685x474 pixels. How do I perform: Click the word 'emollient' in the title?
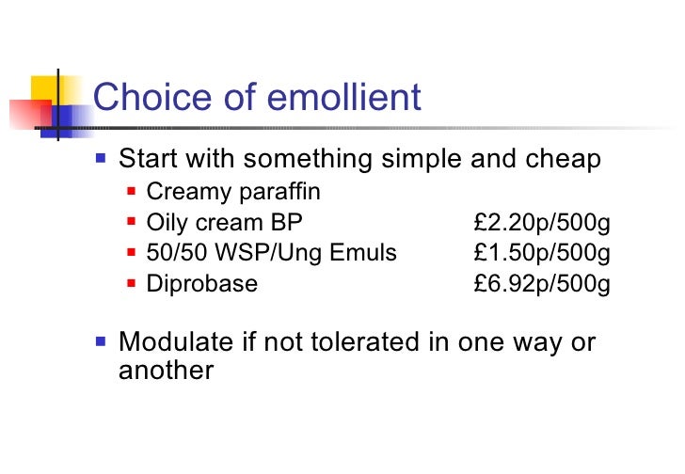tap(331, 97)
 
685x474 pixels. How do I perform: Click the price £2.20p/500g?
tap(543, 223)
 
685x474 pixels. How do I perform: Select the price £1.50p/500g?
tap(543, 253)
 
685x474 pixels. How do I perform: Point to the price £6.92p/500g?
tap(543, 284)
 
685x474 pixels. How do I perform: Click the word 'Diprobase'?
tap(202, 284)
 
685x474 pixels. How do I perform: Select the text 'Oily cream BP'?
tap(225, 223)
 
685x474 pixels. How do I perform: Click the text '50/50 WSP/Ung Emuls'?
tap(272, 253)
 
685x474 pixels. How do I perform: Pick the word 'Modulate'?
tap(178, 342)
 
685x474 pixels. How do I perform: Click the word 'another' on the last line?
tap(167, 370)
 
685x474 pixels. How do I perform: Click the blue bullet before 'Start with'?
tap(102, 157)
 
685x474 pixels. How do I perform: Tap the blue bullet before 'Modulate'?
tap(102, 340)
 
